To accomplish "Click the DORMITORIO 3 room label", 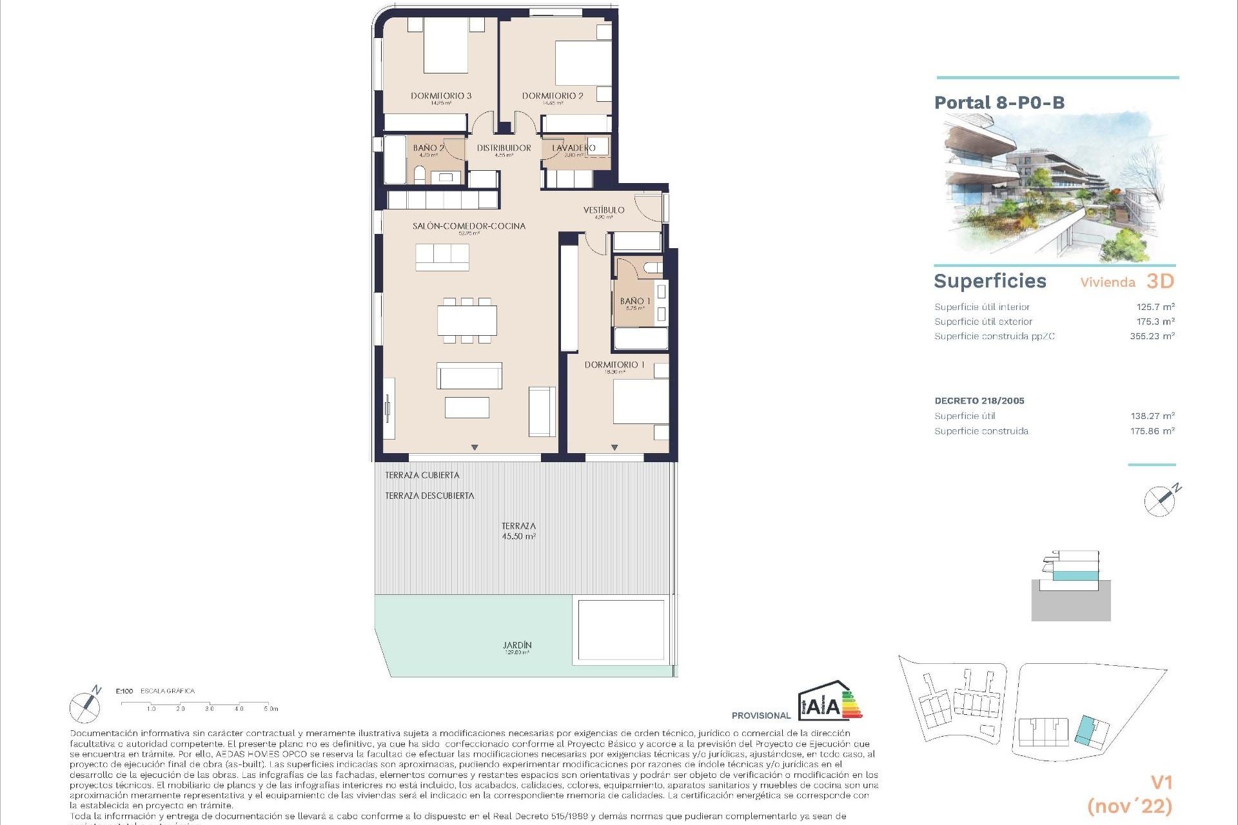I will (441, 95).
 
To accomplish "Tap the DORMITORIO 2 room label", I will (553, 95).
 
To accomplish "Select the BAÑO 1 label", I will (634, 301).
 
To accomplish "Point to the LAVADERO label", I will (574, 148).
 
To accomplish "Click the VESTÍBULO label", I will (604, 210).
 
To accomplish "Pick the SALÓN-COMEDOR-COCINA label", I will (469, 226).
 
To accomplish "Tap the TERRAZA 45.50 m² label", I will (518, 531).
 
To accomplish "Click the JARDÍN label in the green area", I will (517, 645).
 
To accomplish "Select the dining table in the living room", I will (467, 320).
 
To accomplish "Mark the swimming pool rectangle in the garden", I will (621, 630).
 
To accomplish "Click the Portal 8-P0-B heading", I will (999, 102).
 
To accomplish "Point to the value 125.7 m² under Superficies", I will (1155, 307).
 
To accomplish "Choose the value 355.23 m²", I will (1152, 336).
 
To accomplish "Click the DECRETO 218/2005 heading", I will (979, 400).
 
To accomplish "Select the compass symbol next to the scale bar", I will (86, 706).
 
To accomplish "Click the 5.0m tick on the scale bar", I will (270, 708).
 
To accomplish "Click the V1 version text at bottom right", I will (1161, 782).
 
